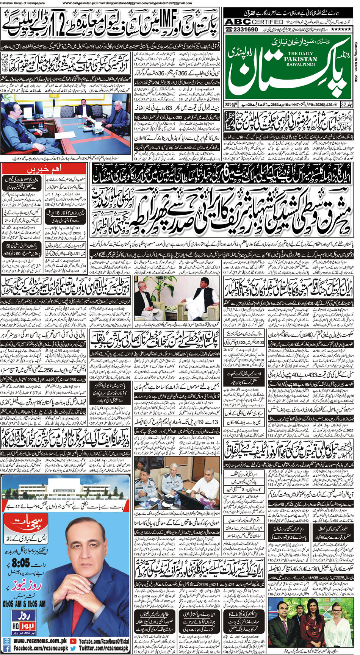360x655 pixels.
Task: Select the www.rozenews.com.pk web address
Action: [x=40, y=641]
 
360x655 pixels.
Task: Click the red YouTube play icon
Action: [x=73, y=641]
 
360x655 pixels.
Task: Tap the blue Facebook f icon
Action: [x=7, y=649]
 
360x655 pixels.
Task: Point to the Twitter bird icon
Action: [x=73, y=649]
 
